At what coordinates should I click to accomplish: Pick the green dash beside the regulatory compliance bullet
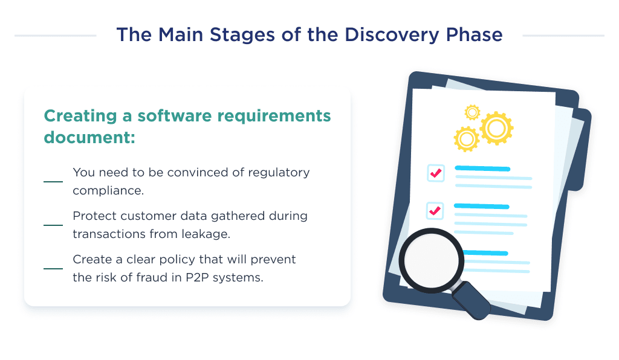click(53, 181)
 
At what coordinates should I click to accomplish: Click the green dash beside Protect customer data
click(53, 225)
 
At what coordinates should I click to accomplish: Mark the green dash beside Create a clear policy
click(53, 268)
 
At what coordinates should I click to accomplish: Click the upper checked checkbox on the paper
click(435, 173)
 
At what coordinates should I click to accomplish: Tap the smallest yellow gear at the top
click(472, 112)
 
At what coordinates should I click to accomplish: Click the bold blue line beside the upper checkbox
click(482, 169)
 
